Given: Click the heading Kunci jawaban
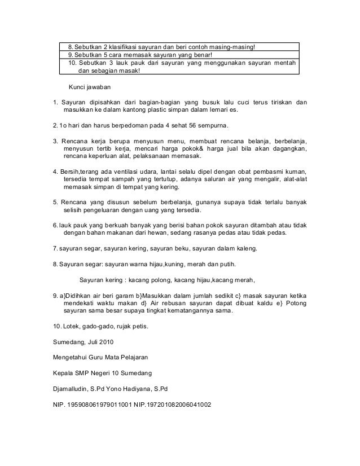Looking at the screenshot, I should [x=90, y=88].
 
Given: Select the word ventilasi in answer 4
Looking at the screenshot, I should [x=135, y=171].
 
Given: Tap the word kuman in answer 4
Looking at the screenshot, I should [x=296, y=171].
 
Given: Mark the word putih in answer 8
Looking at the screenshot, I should [x=227, y=263].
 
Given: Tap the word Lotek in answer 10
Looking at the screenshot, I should [x=71, y=327].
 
